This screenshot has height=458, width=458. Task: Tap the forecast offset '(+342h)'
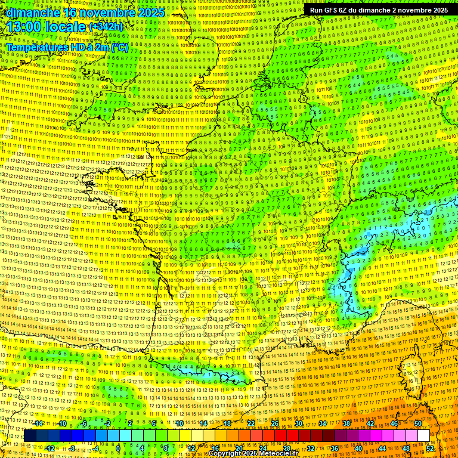click(106, 27)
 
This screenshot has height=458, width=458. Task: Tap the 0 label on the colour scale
click(118, 448)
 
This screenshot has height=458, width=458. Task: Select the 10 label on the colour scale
click(179, 423)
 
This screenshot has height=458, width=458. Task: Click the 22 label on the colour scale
click(251, 423)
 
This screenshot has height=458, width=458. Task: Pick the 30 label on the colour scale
click(299, 423)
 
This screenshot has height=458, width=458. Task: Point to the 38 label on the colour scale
click(346, 423)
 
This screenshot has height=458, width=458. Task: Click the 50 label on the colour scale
click(418, 423)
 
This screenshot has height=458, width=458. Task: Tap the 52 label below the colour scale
click(430, 448)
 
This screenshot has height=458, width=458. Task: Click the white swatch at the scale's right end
click(423, 436)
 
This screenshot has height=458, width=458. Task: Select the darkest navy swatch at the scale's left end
click(30, 436)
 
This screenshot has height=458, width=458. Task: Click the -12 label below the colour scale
click(50, 448)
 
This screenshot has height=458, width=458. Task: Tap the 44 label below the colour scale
click(382, 448)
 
